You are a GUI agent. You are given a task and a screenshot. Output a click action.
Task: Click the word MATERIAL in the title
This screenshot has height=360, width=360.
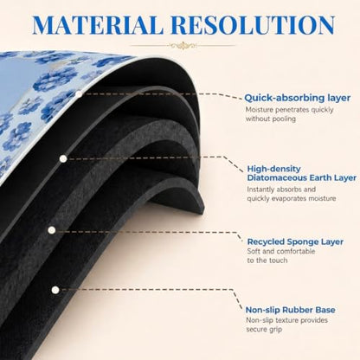98,25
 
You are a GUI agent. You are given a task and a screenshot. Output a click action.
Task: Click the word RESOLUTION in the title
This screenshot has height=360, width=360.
253,25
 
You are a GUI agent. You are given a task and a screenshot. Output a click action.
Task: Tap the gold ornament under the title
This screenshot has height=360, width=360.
183,45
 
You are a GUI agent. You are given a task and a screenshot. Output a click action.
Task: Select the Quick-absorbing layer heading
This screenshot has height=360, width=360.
298,98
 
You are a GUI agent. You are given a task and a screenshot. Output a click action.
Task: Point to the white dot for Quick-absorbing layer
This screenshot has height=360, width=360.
79,94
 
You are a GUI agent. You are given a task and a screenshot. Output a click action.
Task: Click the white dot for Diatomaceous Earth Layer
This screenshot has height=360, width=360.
63,158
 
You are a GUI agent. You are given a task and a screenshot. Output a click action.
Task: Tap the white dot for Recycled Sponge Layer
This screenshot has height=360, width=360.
52,230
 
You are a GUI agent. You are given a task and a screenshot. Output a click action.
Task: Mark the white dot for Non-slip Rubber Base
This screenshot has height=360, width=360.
55,290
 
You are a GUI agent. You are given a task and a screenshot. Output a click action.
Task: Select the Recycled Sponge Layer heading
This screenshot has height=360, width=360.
295,241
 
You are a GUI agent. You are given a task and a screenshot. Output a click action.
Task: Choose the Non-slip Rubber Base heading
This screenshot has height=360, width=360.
291,310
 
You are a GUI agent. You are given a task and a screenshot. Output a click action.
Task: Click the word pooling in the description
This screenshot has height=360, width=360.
283,119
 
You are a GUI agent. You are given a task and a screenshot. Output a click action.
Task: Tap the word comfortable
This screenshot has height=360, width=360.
296,251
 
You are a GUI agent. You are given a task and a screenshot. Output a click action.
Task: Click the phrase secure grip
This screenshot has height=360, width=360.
264,330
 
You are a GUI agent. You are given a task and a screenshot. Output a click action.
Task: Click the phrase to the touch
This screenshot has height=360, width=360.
267,260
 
